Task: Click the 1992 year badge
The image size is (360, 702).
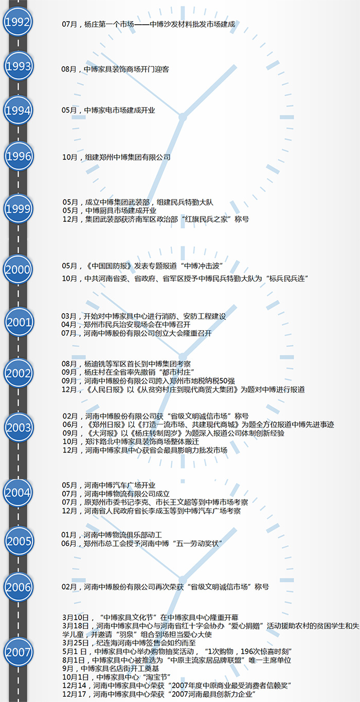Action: click(17, 22)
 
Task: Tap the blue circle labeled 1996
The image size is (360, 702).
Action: click(19, 156)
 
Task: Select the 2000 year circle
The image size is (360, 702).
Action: click(18, 269)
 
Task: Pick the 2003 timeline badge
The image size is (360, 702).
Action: click(19, 427)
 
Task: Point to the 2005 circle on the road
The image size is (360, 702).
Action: click(19, 541)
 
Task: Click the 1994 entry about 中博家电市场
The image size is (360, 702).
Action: click(109, 110)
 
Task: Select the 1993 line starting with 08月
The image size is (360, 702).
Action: click(115, 69)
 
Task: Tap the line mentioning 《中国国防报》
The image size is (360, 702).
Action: click(142, 266)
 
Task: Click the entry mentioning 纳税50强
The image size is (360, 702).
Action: click(148, 381)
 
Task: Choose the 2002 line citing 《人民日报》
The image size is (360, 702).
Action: click(183, 389)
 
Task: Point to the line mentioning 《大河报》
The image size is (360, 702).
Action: click(173, 433)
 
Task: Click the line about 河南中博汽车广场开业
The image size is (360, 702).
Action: click(109, 485)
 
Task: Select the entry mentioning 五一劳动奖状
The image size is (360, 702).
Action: click(142, 544)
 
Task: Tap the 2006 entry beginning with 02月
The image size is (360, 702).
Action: click(165, 587)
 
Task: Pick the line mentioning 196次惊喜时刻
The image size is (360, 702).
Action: click(177, 652)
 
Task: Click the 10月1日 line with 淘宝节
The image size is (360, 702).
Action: click(116, 677)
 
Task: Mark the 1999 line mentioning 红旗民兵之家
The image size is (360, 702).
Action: click(156, 220)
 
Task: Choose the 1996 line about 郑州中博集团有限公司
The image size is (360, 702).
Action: click(116, 157)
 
